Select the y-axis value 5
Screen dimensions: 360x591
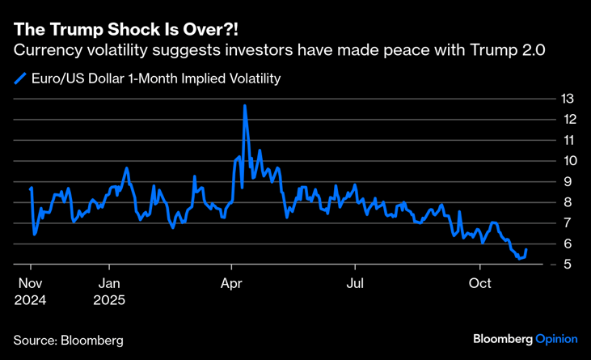pyautogui.click(x=569, y=265)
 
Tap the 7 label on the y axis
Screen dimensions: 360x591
pyautogui.click(x=569, y=222)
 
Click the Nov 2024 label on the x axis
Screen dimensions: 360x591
pyautogui.click(x=30, y=292)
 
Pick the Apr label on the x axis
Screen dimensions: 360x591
pyautogui.click(x=233, y=284)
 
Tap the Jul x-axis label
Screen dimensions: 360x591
pyautogui.click(x=354, y=284)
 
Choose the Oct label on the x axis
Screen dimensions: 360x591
pyautogui.click(x=480, y=284)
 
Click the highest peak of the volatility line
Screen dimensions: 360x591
pyautogui.click(x=244, y=105)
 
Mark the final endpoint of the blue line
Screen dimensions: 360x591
pyautogui.click(x=526, y=250)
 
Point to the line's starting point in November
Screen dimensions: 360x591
pyautogui.click(x=31, y=188)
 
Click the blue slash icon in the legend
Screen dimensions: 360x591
pyautogui.click(x=20, y=79)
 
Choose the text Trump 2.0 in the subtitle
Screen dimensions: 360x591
pyautogui.click(x=515, y=50)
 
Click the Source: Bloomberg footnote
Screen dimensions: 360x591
pyautogui.click(x=68, y=341)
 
